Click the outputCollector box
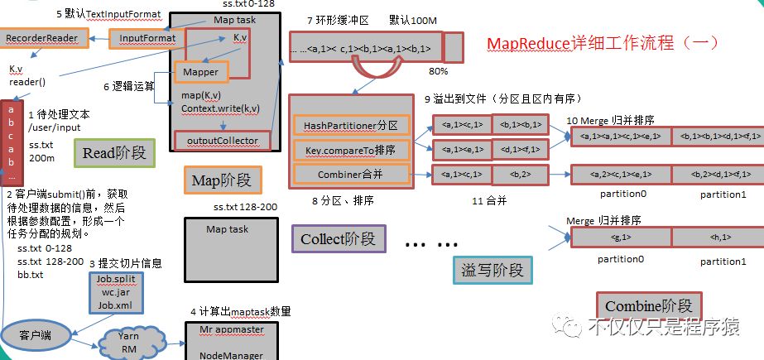click(223, 142)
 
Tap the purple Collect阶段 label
click(338, 239)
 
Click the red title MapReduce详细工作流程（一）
click(601, 42)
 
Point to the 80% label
click(439, 72)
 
